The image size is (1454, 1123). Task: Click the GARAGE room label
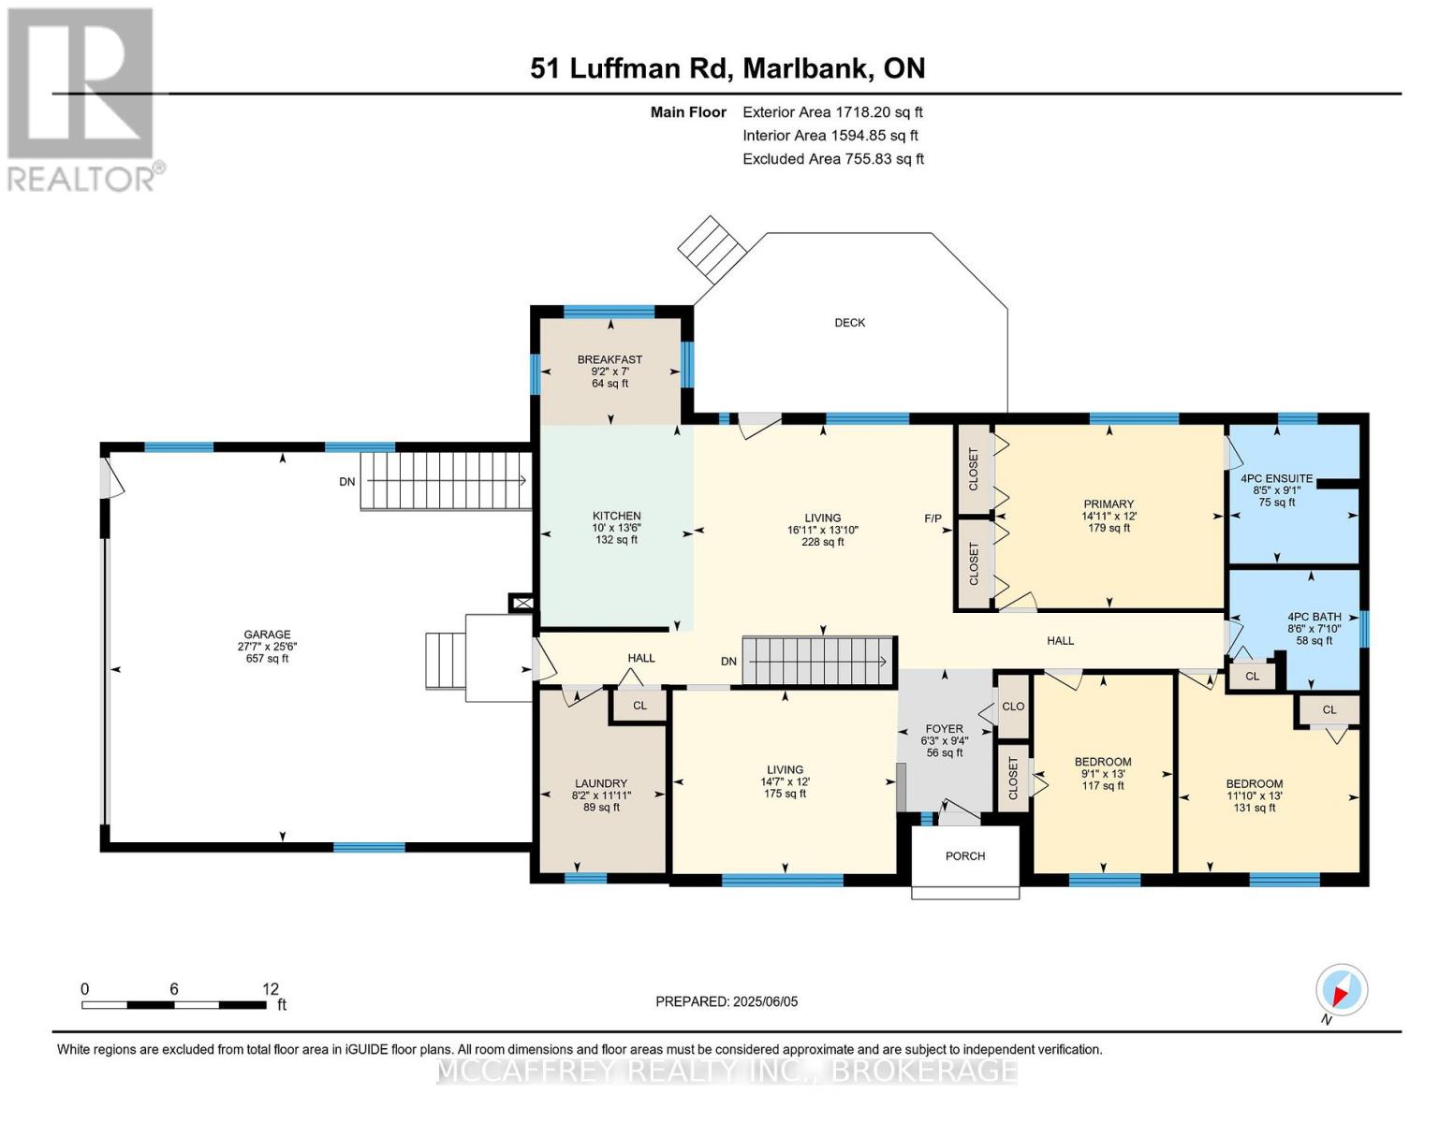tap(267, 634)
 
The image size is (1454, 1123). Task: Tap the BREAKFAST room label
tap(610, 359)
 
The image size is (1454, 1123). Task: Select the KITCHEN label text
tap(616, 516)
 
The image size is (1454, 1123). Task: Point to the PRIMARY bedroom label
tap(1109, 504)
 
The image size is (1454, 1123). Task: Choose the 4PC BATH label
tap(1314, 617)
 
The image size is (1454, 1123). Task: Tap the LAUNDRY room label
tap(601, 783)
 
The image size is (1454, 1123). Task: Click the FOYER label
tap(944, 729)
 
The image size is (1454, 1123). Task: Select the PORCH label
tap(965, 856)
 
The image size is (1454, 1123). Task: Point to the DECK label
tap(850, 323)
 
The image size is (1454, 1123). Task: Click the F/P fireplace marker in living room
tap(933, 518)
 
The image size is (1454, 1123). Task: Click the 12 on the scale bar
tap(271, 989)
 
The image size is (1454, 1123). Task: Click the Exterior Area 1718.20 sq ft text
tap(832, 112)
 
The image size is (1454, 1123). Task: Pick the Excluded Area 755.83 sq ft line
tap(832, 159)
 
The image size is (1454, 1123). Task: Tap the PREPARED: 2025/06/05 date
tap(727, 1001)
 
